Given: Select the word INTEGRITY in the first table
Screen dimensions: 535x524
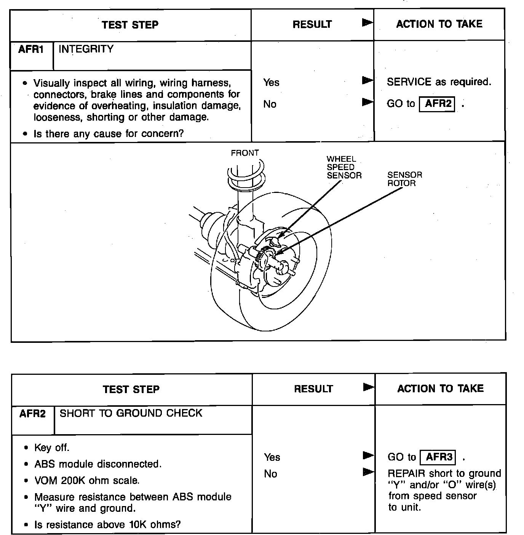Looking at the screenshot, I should tap(86, 49).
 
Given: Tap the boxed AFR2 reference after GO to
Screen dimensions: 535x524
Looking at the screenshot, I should tap(437, 104).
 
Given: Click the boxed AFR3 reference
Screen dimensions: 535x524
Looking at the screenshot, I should tap(438, 457).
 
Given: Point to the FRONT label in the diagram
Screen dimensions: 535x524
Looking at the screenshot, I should tap(244, 153).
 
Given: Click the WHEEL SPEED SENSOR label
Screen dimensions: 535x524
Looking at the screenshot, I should tap(343, 167).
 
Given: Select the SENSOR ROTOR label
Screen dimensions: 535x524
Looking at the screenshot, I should tap(404, 179).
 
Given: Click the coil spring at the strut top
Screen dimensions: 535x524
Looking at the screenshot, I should tap(245, 175).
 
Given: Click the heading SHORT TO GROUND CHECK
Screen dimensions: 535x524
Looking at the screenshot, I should tap(131, 413).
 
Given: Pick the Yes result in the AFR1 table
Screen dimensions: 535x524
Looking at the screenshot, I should tap(271, 83).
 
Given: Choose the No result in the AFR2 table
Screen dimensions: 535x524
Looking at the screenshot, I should tap(270, 474).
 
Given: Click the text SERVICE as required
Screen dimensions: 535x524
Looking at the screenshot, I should tap(439, 82).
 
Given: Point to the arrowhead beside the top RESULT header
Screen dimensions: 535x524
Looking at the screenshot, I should tap(367, 23).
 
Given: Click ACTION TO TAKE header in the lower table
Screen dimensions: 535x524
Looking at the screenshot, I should tap(440, 389).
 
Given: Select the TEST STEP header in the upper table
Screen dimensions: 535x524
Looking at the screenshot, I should tap(130, 25).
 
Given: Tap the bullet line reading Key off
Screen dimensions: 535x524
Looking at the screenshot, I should tap(52, 448).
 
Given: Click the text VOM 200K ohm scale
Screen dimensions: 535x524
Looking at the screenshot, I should tap(87, 481).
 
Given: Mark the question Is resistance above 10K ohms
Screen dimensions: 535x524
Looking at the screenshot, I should tap(107, 525).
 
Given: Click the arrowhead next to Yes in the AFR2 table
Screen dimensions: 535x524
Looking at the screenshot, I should tap(368, 455).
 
